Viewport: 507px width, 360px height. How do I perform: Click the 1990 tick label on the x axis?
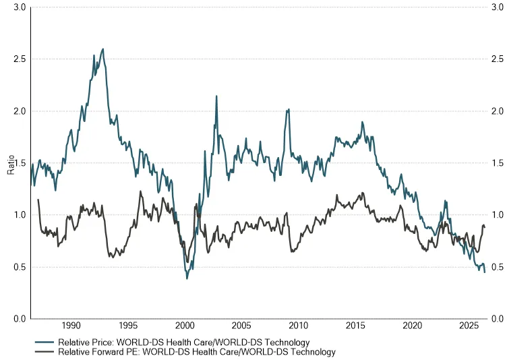pyautogui.click(x=71, y=326)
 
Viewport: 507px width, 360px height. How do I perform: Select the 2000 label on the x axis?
pyautogui.click(x=185, y=326)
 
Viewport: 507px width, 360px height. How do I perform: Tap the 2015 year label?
pyautogui.click(x=355, y=326)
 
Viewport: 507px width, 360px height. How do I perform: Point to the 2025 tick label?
pyautogui.click(x=469, y=326)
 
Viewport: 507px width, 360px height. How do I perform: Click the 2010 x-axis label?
pyautogui.click(x=299, y=326)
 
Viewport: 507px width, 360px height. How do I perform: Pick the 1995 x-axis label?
pyautogui.click(x=128, y=326)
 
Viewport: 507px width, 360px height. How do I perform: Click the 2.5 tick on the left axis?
pyautogui.click(x=20, y=59)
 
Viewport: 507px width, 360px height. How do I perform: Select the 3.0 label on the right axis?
pyautogui.click(x=498, y=7)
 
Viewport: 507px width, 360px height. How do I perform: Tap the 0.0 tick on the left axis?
pyautogui.click(x=20, y=319)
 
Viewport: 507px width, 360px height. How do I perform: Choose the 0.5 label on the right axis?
pyautogui.click(x=498, y=267)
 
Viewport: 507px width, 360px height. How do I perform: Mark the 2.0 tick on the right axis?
pyautogui.click(x=498, y=111)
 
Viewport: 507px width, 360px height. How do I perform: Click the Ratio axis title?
pyautogui.click(x=11, y=164)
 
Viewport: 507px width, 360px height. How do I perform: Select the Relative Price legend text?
pyautogui.click(x=183, y=342)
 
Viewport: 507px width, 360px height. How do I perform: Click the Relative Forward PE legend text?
pyautogui.click(x=197, y=352)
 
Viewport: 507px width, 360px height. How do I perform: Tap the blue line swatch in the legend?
pyautogui.click(x=44, y=342)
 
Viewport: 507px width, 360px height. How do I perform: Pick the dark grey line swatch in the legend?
pyautogui.click(x=44, y=352)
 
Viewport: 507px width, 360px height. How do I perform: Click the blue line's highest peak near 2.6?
pyautogui.click(x=103, y=49)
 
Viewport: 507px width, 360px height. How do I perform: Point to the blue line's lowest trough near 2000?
pyautogui.click(x=187, y=278)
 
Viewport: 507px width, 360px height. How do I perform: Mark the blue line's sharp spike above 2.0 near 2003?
pyautogui.click(x=216, y=96)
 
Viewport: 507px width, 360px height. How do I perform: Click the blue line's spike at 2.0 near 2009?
pyautogui.click(x=289, y=110)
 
